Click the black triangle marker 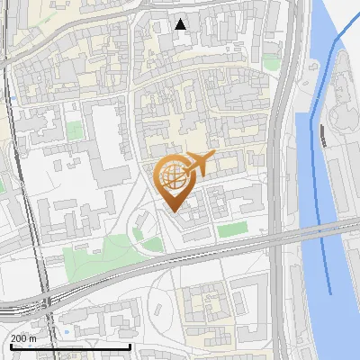181,24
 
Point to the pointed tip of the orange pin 172,211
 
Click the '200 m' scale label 22,338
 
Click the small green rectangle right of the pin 232,230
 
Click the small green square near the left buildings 74,130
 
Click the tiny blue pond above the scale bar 67,332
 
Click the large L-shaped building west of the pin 105,144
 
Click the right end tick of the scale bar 130,346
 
